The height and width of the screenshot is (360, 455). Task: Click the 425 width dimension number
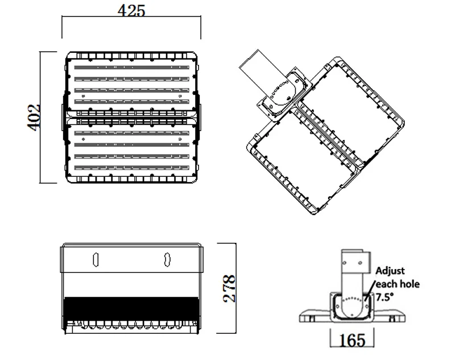click(x=131, y=11)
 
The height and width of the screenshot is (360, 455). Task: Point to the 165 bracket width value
click(x=352, y=341)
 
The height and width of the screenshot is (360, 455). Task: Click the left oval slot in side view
click(x=96, y=259)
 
